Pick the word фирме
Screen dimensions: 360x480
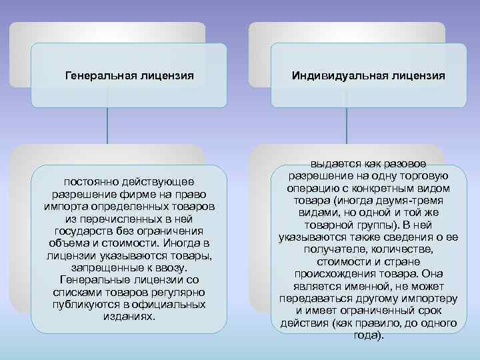143,193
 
